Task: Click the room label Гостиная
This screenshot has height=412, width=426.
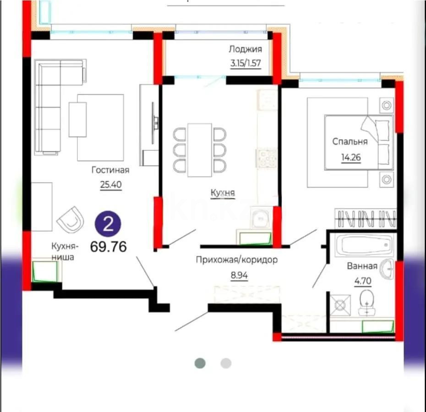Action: [110, 170]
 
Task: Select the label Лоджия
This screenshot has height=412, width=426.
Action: [246, 49]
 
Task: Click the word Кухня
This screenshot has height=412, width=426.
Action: [223, 193]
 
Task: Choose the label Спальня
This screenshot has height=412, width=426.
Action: [350, 141]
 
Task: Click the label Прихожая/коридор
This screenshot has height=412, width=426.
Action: [237, 260]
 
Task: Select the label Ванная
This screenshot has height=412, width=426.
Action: [362, 266]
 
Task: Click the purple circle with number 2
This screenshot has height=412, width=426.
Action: [108, 224]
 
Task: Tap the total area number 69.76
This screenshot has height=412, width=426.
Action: [109, 247]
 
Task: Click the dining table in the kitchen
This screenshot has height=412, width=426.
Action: [200, 150]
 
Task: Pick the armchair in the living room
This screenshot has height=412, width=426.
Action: [71, 218]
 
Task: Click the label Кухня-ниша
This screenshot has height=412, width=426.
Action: [65, 251]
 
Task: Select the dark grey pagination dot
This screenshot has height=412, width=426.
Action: [200, 363]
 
